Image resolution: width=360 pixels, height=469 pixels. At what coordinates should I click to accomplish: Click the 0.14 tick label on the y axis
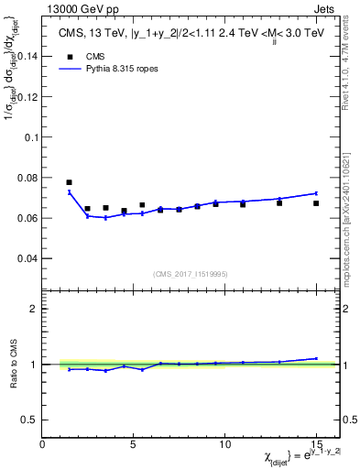click(x=26, y=56)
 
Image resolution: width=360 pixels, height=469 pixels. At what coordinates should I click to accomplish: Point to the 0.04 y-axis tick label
click(x=26, y=258)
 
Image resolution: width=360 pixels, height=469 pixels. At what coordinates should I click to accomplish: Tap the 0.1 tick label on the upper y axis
click(x=29, y=136)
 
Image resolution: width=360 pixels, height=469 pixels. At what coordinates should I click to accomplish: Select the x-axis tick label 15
click(x=315, y=445)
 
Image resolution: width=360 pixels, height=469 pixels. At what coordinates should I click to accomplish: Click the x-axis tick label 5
click(x=134, y=445)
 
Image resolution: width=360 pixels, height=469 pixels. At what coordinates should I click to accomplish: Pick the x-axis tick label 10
click(x=224, y=445)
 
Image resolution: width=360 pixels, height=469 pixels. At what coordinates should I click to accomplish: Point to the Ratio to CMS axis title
click(x=12, y=364)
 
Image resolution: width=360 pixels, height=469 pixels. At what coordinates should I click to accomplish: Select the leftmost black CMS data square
click(x=70, y=182)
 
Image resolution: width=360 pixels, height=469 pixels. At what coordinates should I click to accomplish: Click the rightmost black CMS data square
click(x=316, y=203)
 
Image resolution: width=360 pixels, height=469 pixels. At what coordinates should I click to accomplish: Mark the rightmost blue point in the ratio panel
click(x=316, y=358)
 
